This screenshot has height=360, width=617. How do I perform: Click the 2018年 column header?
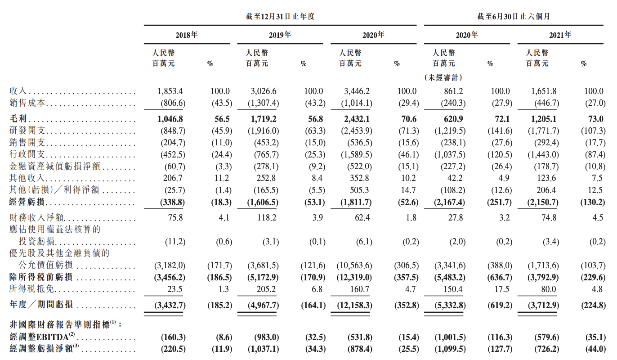click(x=186, y=35)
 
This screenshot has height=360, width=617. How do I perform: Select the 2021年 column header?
click(x=561, y=35)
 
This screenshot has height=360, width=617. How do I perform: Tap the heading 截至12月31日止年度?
click(x=280, y=17)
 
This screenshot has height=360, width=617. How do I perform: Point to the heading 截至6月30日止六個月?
click(x=514, y=17)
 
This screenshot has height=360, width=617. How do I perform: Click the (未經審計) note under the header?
click(x=443, y=78)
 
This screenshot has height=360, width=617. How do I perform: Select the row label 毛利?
click(x=19, y=119)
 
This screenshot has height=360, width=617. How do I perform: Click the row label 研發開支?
click(x=27, y=131)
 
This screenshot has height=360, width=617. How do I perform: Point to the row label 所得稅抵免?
click(x=32, y=289)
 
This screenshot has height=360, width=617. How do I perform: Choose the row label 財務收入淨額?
click(x=36, y=218)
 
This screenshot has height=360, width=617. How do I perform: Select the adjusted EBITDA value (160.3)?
click(x=173, y=337)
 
